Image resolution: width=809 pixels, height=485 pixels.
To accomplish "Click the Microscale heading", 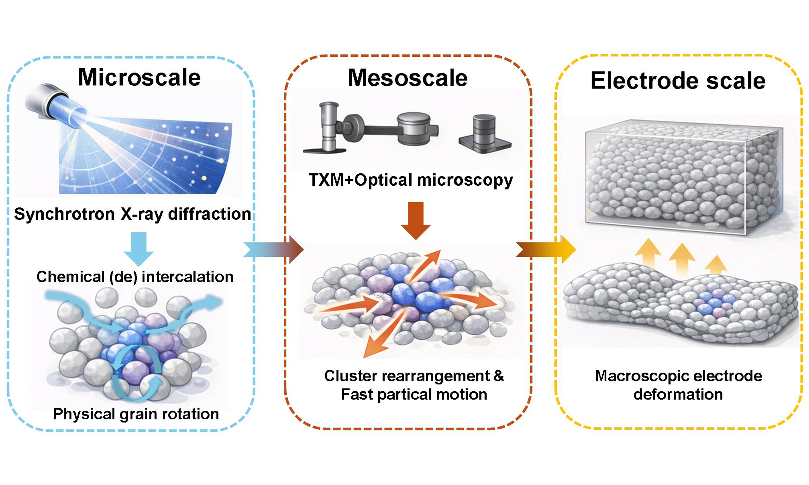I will click(x=139, y=78).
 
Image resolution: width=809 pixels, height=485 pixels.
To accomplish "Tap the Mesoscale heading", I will click(x=407, y=78).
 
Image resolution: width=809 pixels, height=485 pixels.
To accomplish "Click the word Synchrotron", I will click(x=64, y=214).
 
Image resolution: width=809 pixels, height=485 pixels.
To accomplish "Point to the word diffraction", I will click(x=209, y=214).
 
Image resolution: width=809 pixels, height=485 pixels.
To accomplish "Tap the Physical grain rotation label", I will click(x=136, y=414).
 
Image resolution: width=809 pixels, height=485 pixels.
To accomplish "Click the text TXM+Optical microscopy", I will click(x=411, y=180).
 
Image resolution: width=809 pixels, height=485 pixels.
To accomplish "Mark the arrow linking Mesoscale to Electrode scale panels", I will click(x=545, y=250).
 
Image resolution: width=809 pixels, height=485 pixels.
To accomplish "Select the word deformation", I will click(x=678, y=394).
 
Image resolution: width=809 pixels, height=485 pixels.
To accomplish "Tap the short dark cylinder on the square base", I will click(x=484, y=134).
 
